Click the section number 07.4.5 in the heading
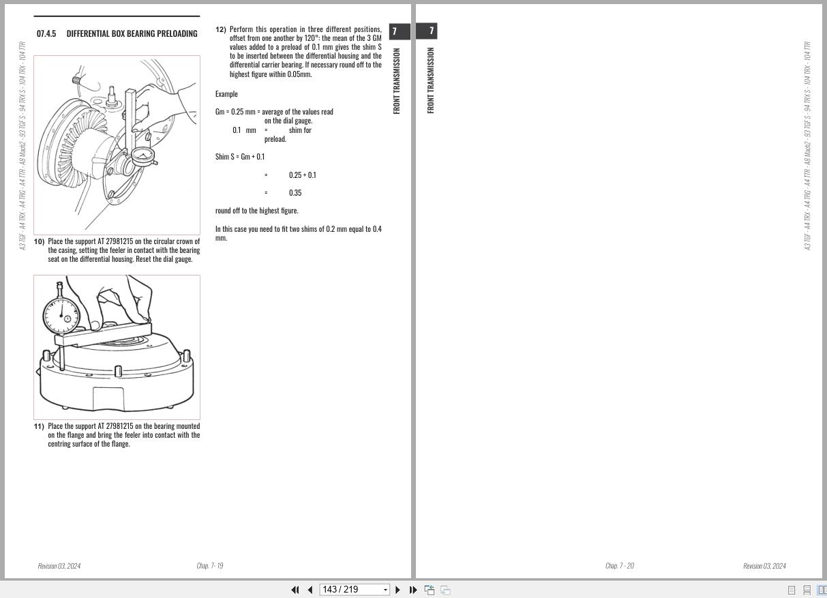(x=46, y=33)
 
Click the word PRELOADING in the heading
(x=177, y=33)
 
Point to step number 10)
(x=39, y=241)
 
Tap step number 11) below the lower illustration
(x=39, y=426)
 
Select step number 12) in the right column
(x=221, y=29)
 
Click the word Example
(x=226, y=94)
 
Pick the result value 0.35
(x=295, y=193)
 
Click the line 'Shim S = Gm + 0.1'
(x=240, y=157)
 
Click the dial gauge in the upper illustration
(x=143, y=157)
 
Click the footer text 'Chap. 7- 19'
(x=210, y=566)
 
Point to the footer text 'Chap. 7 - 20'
(x=620, y=566)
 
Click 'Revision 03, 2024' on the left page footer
(x=59, y=566)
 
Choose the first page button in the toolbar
(x=295, y=590)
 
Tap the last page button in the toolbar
(x=413, y=590)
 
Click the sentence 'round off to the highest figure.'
(x=256, y=211)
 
